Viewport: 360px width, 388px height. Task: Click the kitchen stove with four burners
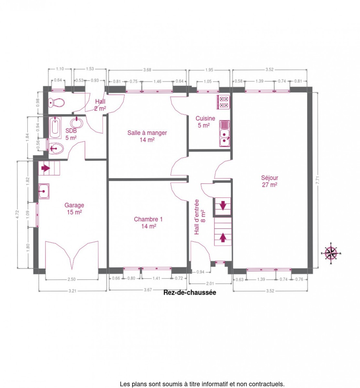[223, 102]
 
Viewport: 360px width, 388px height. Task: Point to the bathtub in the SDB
[55, 127]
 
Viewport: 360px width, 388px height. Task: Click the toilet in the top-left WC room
[56, 102]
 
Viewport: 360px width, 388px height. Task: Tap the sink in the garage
[43, 191]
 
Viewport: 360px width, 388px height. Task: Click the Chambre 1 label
[148, 222]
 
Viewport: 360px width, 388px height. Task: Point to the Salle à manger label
[147, 136]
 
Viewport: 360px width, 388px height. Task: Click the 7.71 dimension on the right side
[317, 180]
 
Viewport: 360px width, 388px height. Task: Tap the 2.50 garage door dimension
[71, 279]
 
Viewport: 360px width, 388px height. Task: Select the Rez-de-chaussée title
[190, 293]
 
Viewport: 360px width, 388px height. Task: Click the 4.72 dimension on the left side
[17, 214]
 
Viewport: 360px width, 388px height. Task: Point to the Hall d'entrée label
[200, 217]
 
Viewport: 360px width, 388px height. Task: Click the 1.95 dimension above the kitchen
[209, 70]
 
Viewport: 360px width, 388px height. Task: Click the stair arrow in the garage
[46, 168]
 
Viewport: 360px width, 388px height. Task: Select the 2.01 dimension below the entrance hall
[210, 284]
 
